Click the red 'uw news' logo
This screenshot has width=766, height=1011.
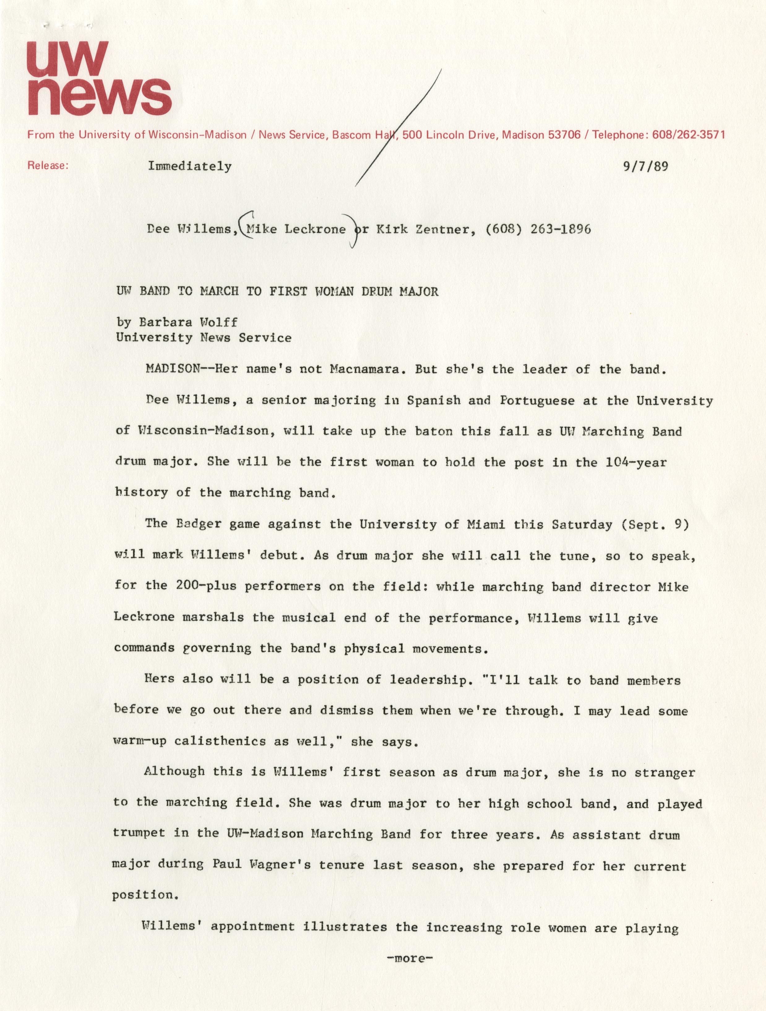tap(99, 79)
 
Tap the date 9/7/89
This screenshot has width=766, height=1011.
tap(645, 166)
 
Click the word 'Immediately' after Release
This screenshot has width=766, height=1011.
tap(189, 166)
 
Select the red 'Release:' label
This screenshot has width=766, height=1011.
tap(48, 166)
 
